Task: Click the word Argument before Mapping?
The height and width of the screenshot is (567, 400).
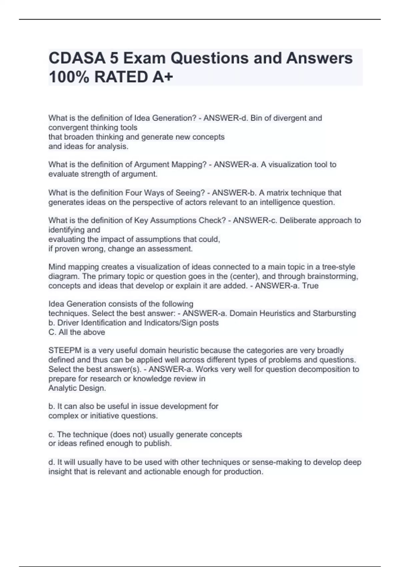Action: click(x=152, y=164)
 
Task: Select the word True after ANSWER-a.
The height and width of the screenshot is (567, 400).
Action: click(x=310, y=286)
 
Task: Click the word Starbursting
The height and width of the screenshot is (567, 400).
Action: click(x=334, y=314)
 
